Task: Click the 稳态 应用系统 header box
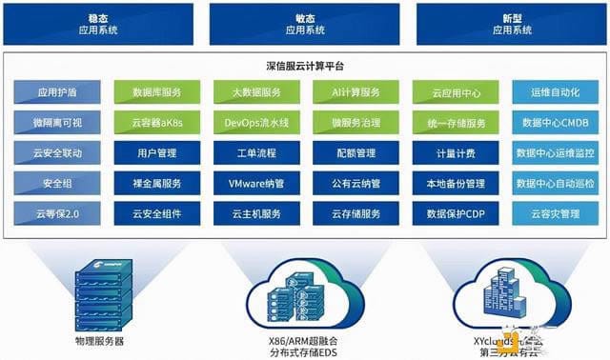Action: [102, 24]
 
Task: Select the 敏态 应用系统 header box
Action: [306, 24]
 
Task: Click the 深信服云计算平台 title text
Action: [304, 67]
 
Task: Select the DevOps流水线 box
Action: [254, 123]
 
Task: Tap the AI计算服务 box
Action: [356, 92]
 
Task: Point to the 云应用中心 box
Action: [455, 92]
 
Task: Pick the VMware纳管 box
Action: [254, 183]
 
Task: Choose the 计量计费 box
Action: [455, 152]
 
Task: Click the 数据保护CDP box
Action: [455, 213]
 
